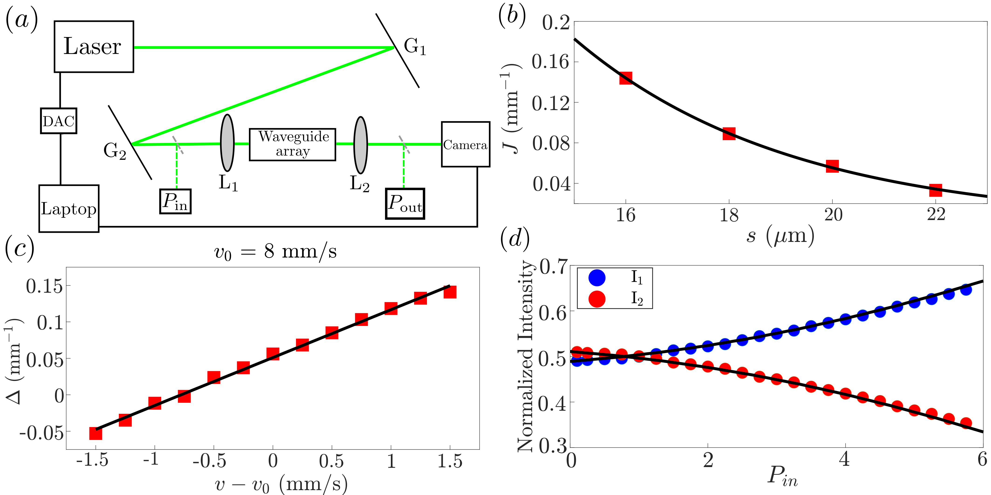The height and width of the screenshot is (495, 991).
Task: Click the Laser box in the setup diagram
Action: (x=93, y=47)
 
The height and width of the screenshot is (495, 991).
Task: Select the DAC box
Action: (x=58, y=121)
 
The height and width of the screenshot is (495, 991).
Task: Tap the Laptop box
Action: (x=69, y=209)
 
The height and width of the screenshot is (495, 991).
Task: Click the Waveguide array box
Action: (x=292, y=144)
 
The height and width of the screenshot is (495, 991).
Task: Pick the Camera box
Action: (x=465, y=145)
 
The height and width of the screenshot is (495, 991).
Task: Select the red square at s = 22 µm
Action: (x=936, y=190)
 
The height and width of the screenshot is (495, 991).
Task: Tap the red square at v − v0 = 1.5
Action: (x=450, y=292)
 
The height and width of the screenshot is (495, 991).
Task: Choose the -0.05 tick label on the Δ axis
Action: (x=41, y=433)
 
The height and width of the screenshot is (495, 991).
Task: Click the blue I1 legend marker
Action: (x=597, y=278)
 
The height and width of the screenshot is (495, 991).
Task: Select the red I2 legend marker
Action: (x=597, y=299)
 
